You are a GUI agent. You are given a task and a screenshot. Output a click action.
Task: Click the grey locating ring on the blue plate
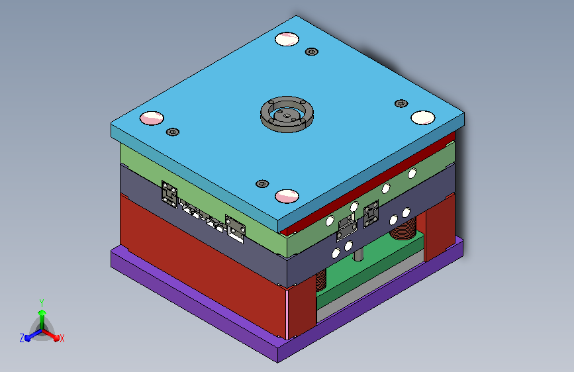click(287, 124)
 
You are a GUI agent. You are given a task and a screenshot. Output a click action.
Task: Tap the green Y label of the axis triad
click(42, 303)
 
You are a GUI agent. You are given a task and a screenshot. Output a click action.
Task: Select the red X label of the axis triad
click(62, 338)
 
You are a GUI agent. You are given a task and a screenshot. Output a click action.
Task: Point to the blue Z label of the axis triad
click(22, 338)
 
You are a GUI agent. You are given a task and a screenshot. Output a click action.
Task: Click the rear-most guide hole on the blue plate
click(287, 39)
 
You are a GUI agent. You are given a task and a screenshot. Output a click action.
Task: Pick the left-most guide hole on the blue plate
click(152, 118)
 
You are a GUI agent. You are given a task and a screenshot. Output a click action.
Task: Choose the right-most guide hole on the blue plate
click(423, 118)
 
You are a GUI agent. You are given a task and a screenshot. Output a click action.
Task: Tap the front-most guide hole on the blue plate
click(287, 196)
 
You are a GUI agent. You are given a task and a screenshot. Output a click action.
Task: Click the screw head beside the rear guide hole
click(312, 52)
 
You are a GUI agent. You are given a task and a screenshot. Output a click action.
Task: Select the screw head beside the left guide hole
click(173, 132)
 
